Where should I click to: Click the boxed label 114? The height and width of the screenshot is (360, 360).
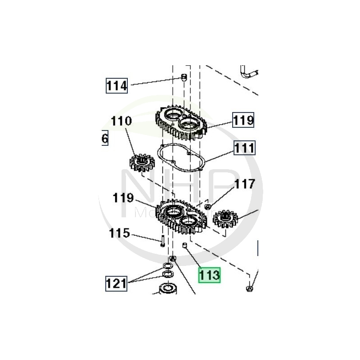pyautogui.click(x=117, y=85)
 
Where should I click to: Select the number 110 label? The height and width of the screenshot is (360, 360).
pyautogui.click(x=122, y=121)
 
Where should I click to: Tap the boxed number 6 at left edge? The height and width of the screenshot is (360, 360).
pyautogui.click(x=104, y=139)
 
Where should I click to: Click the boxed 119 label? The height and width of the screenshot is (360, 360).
pyautogui.click(x=243, y=120)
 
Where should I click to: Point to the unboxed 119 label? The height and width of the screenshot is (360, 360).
pyautogui.click(x=123, y=198)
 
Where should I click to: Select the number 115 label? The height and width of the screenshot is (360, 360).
pyautogui.click(x=119, y=234)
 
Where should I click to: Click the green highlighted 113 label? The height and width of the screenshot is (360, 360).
pyautogui.click(x=210, y=274)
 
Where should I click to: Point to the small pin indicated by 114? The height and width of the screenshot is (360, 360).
pyautogui.click(x=184, y=77)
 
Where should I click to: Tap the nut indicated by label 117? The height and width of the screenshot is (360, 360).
pyautogui.click(x=208, y=207)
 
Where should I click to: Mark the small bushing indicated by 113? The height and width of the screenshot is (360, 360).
pyautogui.click(x=184, y=245)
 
